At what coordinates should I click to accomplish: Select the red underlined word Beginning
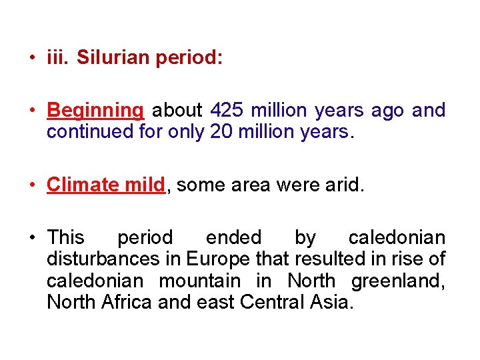pos(95,111)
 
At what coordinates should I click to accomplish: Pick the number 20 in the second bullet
pos(221,131)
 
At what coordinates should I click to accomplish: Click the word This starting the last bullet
pos(65,237)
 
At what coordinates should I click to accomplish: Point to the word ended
pos(233,237)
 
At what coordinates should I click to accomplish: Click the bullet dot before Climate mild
pos(32,185)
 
